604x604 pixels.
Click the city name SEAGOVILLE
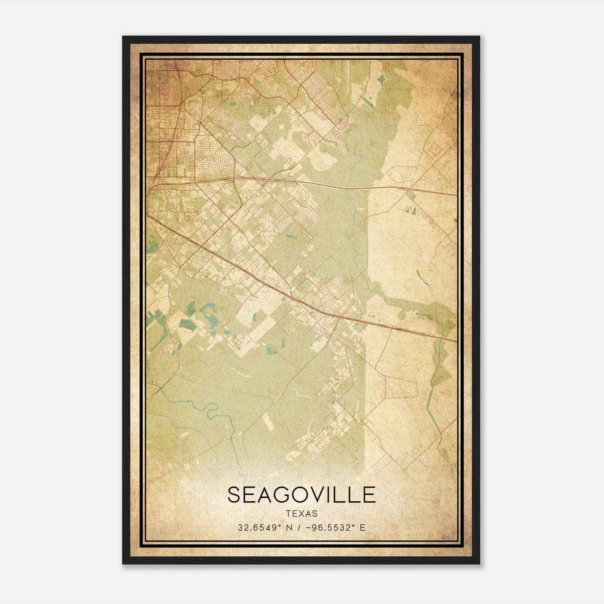pyautogui.click(x=302, y=495)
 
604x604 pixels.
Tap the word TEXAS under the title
pyautogui.click(x=302, y=514)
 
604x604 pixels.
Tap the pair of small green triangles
pyautogui.click(x=410, y=210)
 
